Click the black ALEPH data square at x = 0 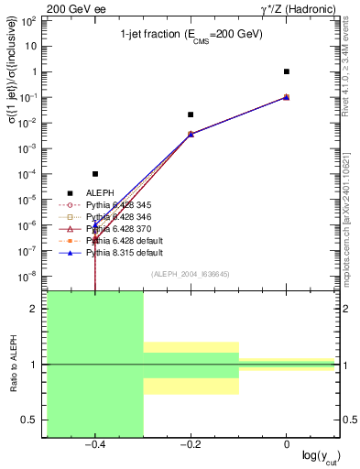tap(287, 71)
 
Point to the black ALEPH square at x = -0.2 tap(191, 115)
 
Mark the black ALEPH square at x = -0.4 tap(95, 174)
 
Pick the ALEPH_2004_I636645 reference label tap(191, 275)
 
